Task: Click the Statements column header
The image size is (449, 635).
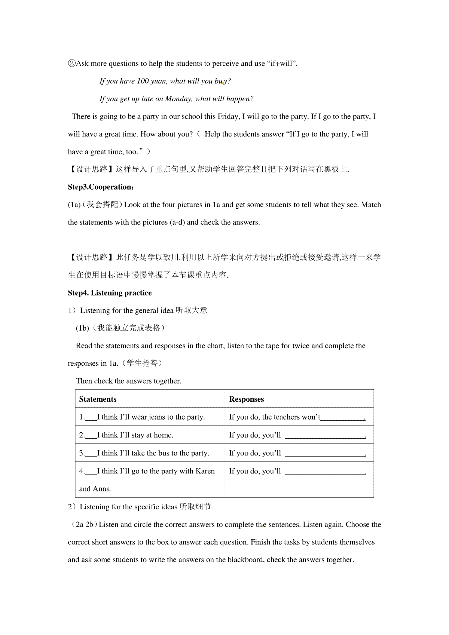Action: (98, 399)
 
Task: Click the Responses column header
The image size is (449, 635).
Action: (246, 399)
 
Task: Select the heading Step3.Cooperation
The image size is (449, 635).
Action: (101, 187)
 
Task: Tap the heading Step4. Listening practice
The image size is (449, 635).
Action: (110, 293)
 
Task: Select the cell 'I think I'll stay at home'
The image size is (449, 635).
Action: (135, 435)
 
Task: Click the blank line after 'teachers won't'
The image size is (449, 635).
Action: (342, 417)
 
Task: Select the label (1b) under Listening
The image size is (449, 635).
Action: (82, 328)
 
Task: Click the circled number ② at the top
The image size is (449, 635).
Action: (71, 64)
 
